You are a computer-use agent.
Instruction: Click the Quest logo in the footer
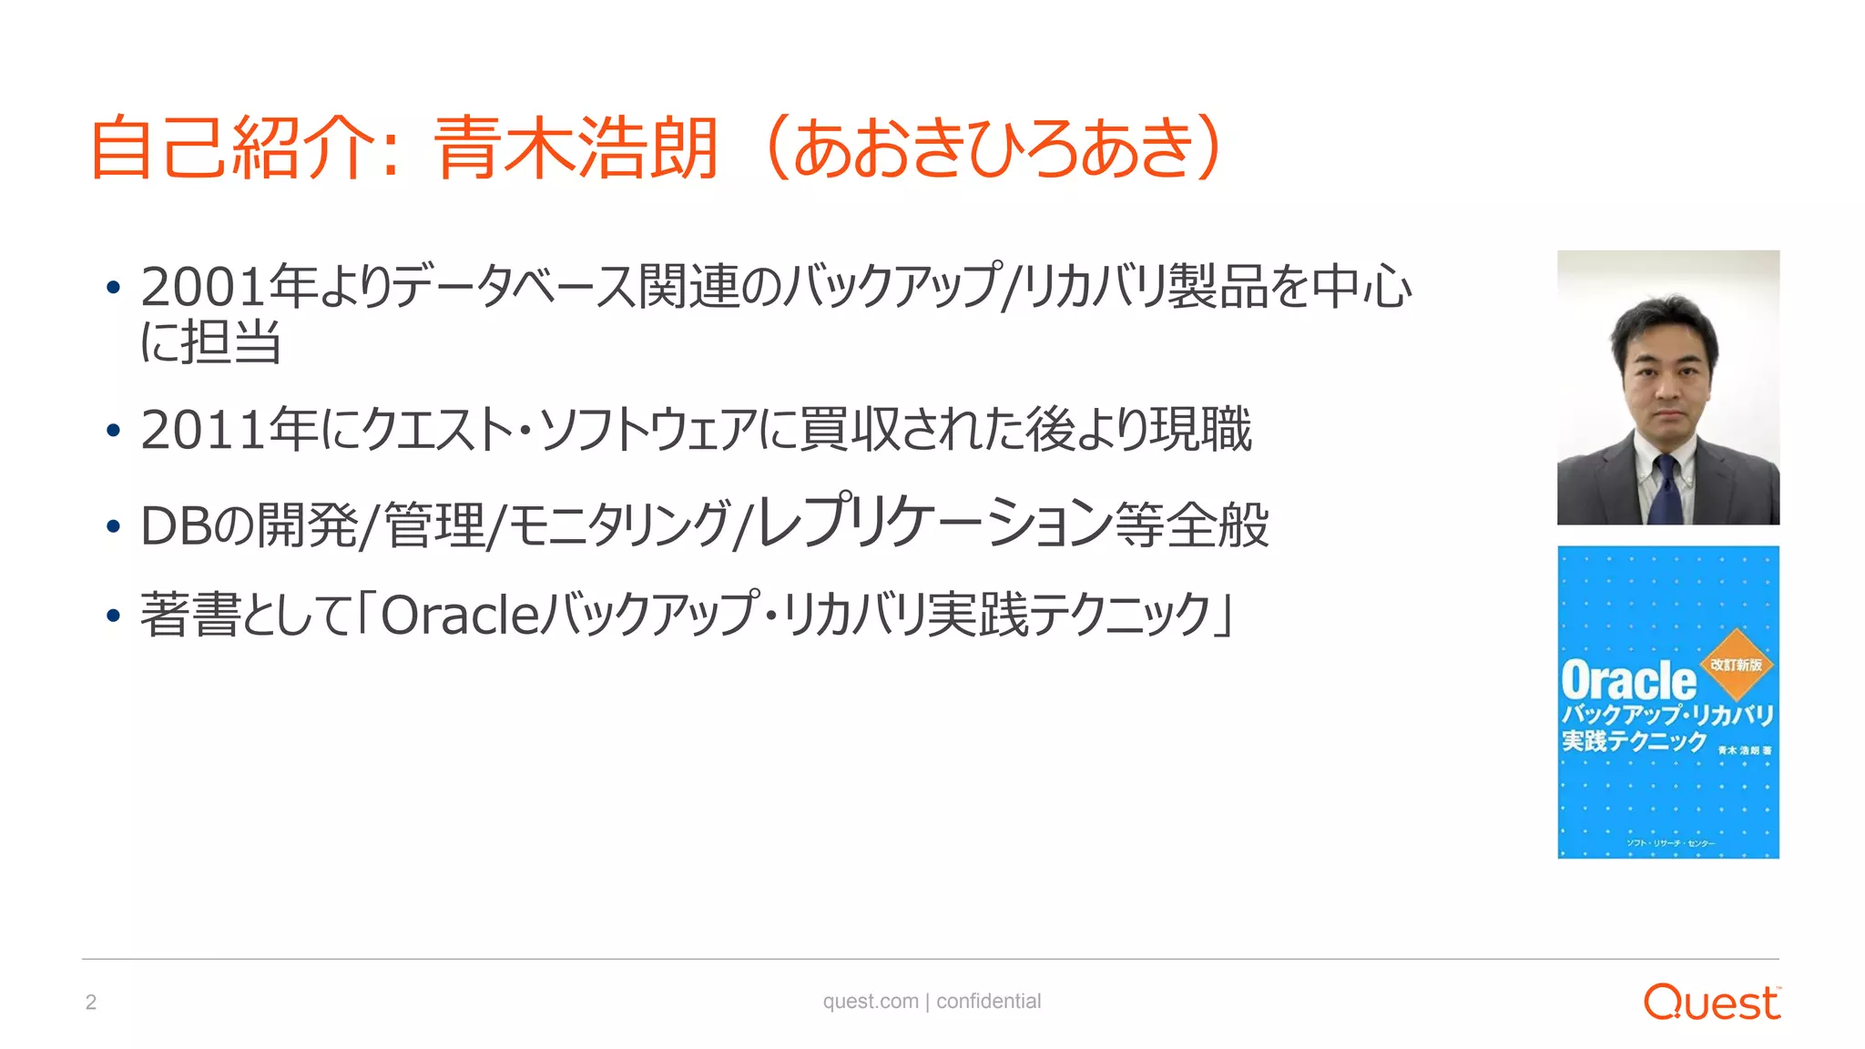coord(1711,1003)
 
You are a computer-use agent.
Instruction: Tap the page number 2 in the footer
coord(91,1003)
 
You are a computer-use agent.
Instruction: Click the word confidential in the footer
coord(988,1002)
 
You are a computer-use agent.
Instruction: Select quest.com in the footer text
coord(871,1002)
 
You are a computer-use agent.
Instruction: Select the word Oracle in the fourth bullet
coord(461,616)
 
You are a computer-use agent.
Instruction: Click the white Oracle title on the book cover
coord(1628,681)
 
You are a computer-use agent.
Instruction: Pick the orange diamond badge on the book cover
coord(1737,664)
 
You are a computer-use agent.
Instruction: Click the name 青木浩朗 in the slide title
coord(576,148)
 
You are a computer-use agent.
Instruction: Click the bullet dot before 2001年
coord(113,288)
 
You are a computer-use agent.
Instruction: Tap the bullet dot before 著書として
coord(113,616)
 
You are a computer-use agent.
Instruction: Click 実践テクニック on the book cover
coord(1634,741)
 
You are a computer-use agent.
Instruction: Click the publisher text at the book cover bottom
coord(1670,843)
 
